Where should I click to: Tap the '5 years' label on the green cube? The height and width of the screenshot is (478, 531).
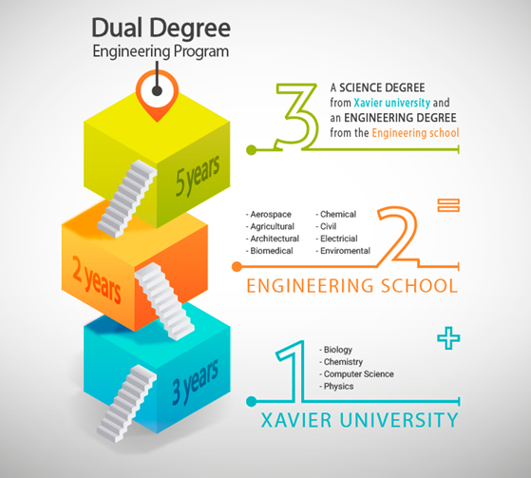click(198, 176)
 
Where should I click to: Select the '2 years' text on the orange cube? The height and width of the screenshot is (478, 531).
click(97, 279)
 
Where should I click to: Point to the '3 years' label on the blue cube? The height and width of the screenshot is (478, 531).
click(195, 383)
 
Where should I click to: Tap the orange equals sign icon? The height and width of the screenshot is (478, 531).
click(448, 205)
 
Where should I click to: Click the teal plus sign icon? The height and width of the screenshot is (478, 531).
click(448, 337)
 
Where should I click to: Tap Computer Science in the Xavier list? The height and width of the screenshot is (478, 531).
click(359, 374)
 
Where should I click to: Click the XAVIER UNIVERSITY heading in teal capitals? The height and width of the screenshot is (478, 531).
click(360, 420)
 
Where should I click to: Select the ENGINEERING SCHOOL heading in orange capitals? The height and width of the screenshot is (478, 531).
click(352, 286)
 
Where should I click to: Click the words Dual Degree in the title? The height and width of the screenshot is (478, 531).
click(161, 28)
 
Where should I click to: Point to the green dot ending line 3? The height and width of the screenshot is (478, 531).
click(252, 150)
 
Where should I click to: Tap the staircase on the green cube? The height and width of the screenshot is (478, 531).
click(127, 199)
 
